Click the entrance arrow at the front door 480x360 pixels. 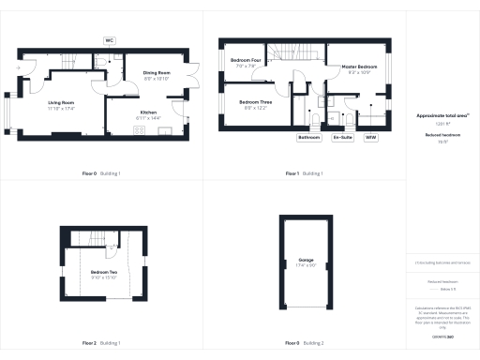click(20, 68)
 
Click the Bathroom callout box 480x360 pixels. click(309, 137)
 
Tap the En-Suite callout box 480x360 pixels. click(342, 137)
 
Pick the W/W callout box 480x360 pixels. click(371, 137)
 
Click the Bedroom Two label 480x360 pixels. click(104, 272)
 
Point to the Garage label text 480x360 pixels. click(306, 261)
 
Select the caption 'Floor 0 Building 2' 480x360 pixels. click(305, 343)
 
